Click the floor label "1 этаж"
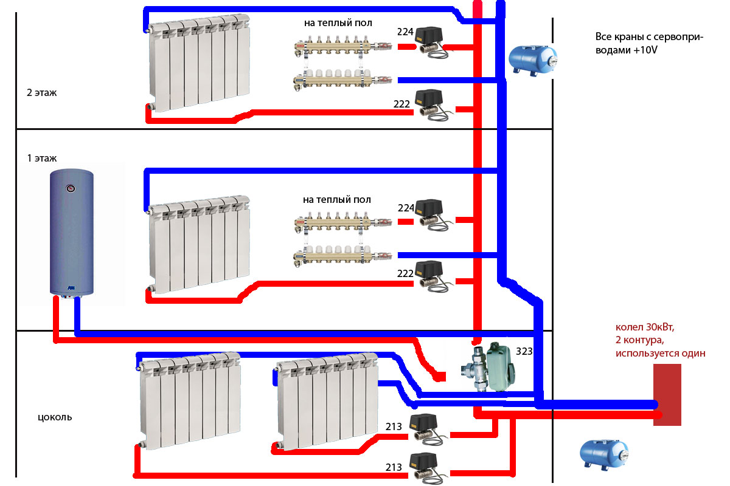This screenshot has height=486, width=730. click(42, 158)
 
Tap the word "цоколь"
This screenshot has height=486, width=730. click(55, 417)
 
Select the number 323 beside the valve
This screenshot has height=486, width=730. click(524, 351)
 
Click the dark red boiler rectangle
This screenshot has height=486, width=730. click(667, 395)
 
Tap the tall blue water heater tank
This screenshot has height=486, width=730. click(72, 234)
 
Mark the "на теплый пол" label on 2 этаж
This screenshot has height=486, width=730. click(338, 23)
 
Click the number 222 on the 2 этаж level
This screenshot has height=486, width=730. click(401, 104)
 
